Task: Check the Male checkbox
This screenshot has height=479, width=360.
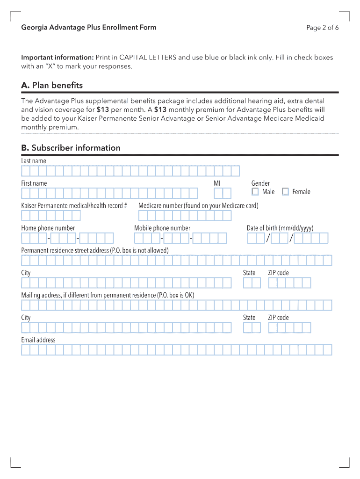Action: click(x=255, y=192)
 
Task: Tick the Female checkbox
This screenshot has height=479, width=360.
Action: click(x=285, y=192)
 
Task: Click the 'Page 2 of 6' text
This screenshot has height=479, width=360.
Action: click(x=323, y=28)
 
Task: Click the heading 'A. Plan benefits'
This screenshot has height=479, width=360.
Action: click(x=52, y=85)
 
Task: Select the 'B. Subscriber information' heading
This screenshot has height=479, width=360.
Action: click(x=71, y=148)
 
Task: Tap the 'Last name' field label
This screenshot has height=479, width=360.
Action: click(x=34, y=161)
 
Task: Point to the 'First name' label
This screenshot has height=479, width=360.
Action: click(x=34, y=183)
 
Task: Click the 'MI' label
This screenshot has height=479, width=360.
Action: click(x=217, y=183)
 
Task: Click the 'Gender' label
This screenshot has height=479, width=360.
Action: click(x=260, y=183)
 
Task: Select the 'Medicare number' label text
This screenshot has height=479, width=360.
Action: click(x=198, y=206)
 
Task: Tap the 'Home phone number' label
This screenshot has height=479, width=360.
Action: click(x=48, y=228)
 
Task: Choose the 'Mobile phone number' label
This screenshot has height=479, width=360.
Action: click(x=162, y=228)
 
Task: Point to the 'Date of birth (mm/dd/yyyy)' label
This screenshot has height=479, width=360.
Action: click(x=280, y=228)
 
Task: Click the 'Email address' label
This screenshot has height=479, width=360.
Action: click(x=38, y=340)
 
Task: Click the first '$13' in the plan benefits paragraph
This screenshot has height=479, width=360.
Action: click(x=102, y=109)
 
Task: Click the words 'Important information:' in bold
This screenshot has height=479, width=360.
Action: click(x=58, y=58)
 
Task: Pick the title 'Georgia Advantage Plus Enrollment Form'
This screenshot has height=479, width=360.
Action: click(x=89, y=28)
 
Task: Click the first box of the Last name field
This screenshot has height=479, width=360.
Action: click(x=26, y=171)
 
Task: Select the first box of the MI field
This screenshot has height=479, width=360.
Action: click(x=218, y=193)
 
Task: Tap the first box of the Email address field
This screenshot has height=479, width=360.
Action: click(x=26, y=350)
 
